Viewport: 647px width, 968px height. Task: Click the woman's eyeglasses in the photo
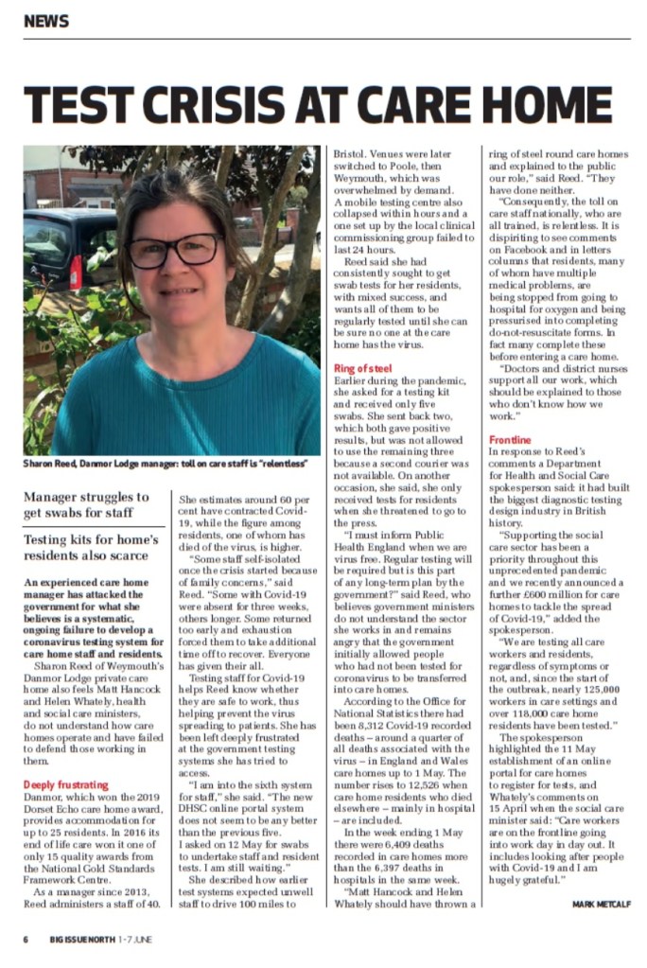click(x=174, y=251)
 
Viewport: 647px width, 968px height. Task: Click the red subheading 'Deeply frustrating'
click(x=65, y=784)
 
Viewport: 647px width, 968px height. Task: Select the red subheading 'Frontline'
click(x=510, y=440)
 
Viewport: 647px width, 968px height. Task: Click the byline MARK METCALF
click(x=601, y=904)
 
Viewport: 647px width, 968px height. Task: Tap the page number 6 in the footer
click(x=26, y=939)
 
